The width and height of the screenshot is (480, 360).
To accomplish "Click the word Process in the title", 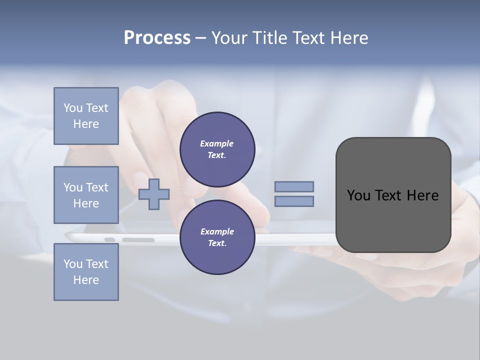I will (157, 38).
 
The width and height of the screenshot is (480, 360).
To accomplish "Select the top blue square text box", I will (86, 116).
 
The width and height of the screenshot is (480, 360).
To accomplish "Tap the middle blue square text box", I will (86, 195).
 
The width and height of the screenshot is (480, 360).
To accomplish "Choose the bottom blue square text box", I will (86, 272).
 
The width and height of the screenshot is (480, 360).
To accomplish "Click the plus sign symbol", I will (154, 194).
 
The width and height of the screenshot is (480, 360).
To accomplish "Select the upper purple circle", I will (217, 149).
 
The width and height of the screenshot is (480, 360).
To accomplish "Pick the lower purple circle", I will (217, 237).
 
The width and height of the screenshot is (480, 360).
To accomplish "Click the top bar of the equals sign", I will (294, 186).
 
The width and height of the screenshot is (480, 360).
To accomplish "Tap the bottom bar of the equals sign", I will (294, 201).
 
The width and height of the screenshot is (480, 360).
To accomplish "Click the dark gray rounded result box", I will (393, 220).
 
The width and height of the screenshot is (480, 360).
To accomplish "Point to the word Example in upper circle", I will (217, 143).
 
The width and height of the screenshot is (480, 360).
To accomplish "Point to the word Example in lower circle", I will (217, 231).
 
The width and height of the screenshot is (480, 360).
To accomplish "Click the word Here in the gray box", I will (422, 195).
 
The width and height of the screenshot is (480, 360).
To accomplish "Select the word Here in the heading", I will (348, 38).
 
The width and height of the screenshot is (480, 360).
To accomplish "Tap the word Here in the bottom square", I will (86, 280).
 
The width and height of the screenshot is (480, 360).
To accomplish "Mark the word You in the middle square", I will (72, 187).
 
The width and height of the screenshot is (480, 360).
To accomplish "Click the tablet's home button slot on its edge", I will (138, 240).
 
